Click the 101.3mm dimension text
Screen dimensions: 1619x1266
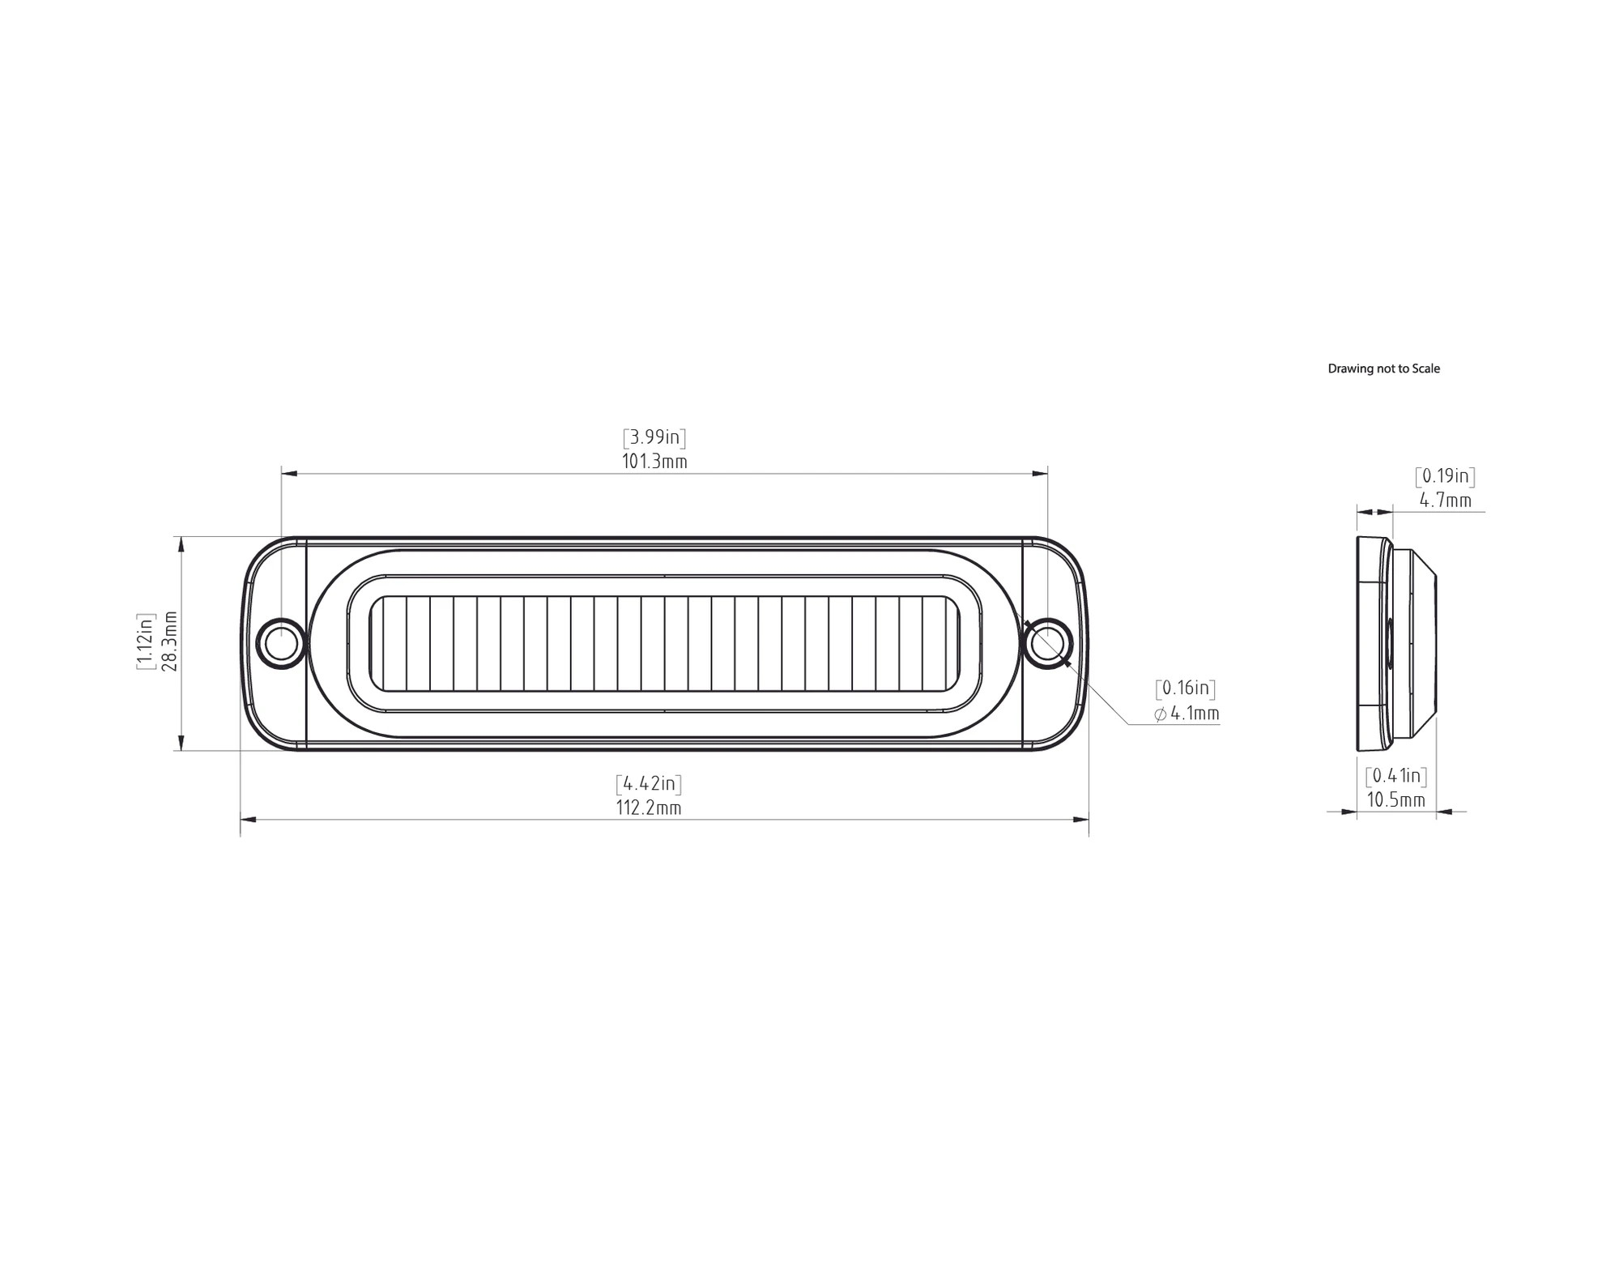654,462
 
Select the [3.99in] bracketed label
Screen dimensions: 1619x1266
654,437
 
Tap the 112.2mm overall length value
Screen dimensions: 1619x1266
649,808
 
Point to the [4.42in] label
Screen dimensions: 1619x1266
649,783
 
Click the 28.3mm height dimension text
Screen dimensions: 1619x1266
170,642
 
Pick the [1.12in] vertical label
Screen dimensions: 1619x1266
146,642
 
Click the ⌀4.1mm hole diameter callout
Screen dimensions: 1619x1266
1187,714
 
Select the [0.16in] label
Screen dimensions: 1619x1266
1186,688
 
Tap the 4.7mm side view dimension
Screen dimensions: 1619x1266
1446,501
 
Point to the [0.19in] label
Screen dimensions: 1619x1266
1445,476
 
